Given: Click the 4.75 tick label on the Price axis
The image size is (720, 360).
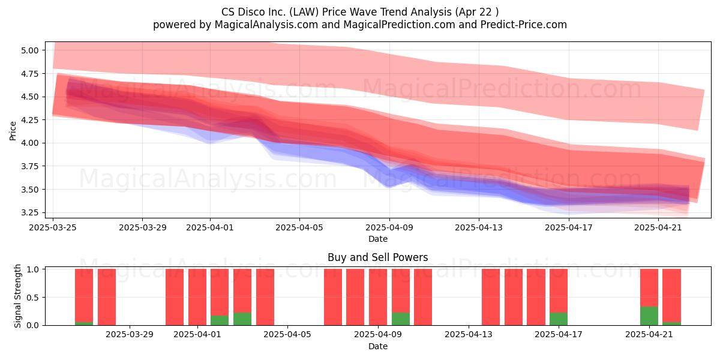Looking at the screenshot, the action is click(30, 74).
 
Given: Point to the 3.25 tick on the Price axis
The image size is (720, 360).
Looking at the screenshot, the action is click(30, 213).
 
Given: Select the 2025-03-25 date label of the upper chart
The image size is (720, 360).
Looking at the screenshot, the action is click(53, 227).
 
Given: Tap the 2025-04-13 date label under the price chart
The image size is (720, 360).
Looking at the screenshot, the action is click(479, 227).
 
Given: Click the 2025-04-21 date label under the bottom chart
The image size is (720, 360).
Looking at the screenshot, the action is click(649, 335).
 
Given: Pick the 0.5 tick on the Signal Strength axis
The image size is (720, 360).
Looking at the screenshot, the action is click(33, 298).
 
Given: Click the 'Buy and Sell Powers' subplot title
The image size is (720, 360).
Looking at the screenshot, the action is click(377, 257).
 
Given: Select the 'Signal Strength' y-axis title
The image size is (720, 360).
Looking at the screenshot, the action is click(17, 296).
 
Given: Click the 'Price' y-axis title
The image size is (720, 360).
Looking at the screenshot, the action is click(13, 131).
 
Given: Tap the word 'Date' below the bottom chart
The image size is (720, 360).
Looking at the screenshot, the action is click(378, 346).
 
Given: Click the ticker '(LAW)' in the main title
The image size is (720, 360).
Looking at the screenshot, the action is click(304, 12).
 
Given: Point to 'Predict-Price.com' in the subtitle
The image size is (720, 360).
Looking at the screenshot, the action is click(524, 25).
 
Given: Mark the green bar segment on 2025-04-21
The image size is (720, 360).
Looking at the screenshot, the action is click(649, 316).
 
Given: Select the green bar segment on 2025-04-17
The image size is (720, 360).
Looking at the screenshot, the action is click(559, 319).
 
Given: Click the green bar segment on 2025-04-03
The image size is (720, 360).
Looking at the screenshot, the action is click(242, 319).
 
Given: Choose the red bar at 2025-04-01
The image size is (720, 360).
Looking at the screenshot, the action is click(197, 297).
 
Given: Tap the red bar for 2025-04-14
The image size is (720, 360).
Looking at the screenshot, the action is click(491, 297).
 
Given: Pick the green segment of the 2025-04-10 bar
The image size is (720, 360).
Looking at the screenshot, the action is click(401, 319).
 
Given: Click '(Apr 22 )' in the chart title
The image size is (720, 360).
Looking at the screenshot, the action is click(476, 12).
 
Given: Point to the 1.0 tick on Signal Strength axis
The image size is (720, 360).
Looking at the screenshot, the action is click(33, 269).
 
